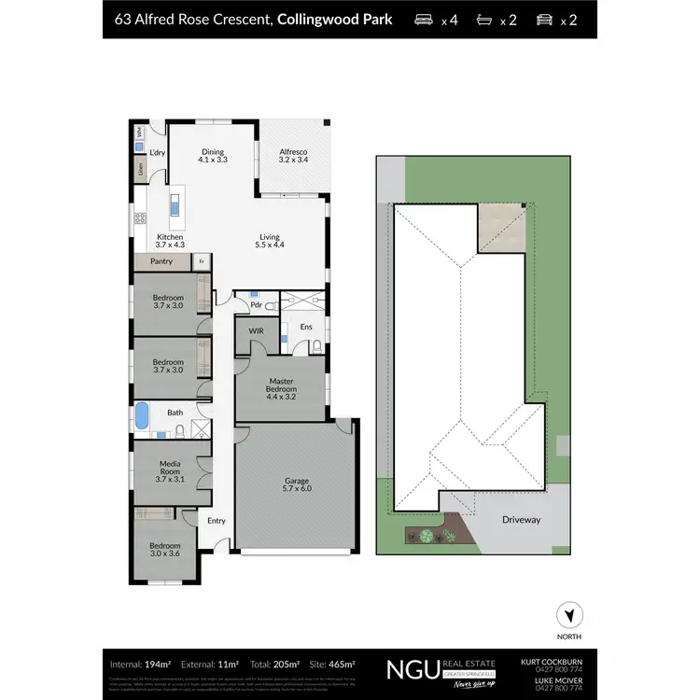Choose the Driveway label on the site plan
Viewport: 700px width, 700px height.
click(x=522, y=519)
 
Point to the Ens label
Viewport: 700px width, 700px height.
click(x=306, y=327)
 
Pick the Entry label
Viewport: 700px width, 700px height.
click(x=216, y=521)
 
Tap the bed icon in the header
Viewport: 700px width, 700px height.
click(x=423, y=19)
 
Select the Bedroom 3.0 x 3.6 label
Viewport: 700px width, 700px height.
click(x=167, y=549)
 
